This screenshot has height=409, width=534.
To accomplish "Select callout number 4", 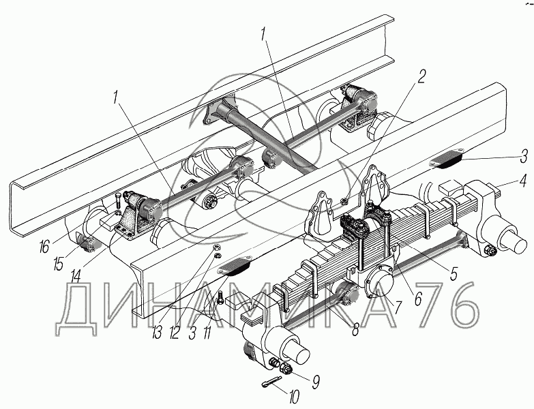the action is (522, 181).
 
